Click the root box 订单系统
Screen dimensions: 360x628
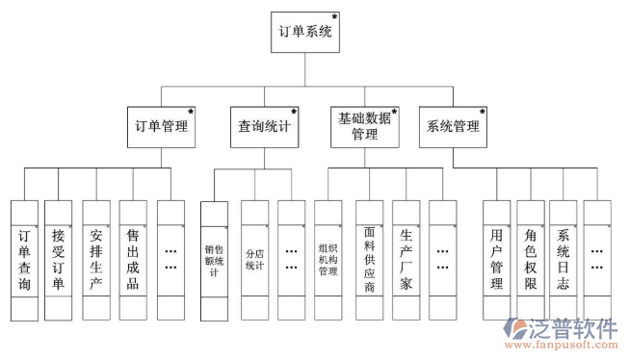pyautogui.click(x=304, y=33)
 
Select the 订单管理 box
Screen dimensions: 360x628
pyautogui.click(x=161, y=126)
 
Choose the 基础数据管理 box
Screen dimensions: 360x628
pyautogui.click(x=365, y=126)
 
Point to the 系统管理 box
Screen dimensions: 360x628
pyautogui.click(x=451, y=126)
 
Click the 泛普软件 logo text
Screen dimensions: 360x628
pyautogui.click(x=572, y=328)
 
